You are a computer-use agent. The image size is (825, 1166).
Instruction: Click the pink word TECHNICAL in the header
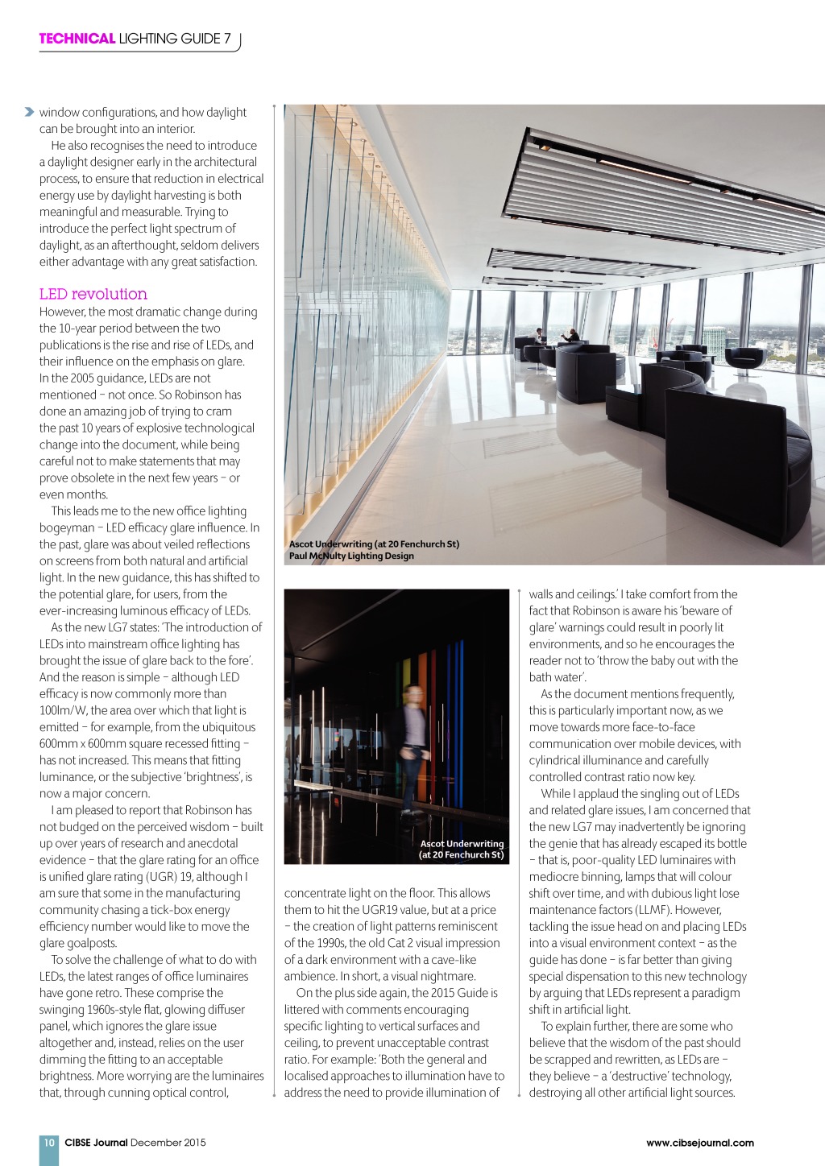coord(77,39)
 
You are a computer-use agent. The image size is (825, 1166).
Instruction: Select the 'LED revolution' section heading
coord(93,294)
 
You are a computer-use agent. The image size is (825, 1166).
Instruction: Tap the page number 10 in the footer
coord(49,1142)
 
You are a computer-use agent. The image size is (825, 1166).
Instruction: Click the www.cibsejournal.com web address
coord(700,1142)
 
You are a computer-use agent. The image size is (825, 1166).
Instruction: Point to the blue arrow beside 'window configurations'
coord(30,111)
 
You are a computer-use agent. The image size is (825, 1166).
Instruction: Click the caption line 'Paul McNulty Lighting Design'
coord(351,556)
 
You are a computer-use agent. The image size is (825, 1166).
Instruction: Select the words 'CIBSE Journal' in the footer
coord(96,1142)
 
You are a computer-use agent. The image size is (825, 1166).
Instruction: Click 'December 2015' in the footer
coord(168,1142)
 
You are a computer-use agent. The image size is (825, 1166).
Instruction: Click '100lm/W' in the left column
coord(64,710)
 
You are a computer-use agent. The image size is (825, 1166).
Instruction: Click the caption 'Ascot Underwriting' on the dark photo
coord(462,843)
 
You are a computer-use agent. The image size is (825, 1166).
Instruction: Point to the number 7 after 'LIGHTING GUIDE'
coord(227,39)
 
